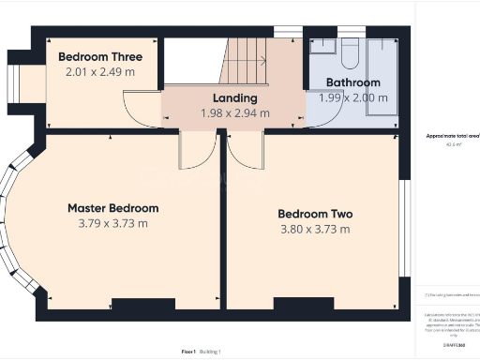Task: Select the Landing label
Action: tap(234, 97)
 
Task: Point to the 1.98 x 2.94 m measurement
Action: tap(234, 113)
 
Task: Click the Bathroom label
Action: tap(352, 82)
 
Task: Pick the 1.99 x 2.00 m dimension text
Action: tap(352, 97)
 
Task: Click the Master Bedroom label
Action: tap(112, 207)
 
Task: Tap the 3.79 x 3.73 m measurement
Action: tap(112, 223)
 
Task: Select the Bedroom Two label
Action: tap(315, 213)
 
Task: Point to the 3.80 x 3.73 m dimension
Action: tap(315, 229)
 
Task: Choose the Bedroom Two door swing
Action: tap(246, 150)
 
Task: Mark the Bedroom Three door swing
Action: tap(142, 109)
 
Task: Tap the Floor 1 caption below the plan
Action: tap(188, 351)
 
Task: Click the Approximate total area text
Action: tap(453, 136)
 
